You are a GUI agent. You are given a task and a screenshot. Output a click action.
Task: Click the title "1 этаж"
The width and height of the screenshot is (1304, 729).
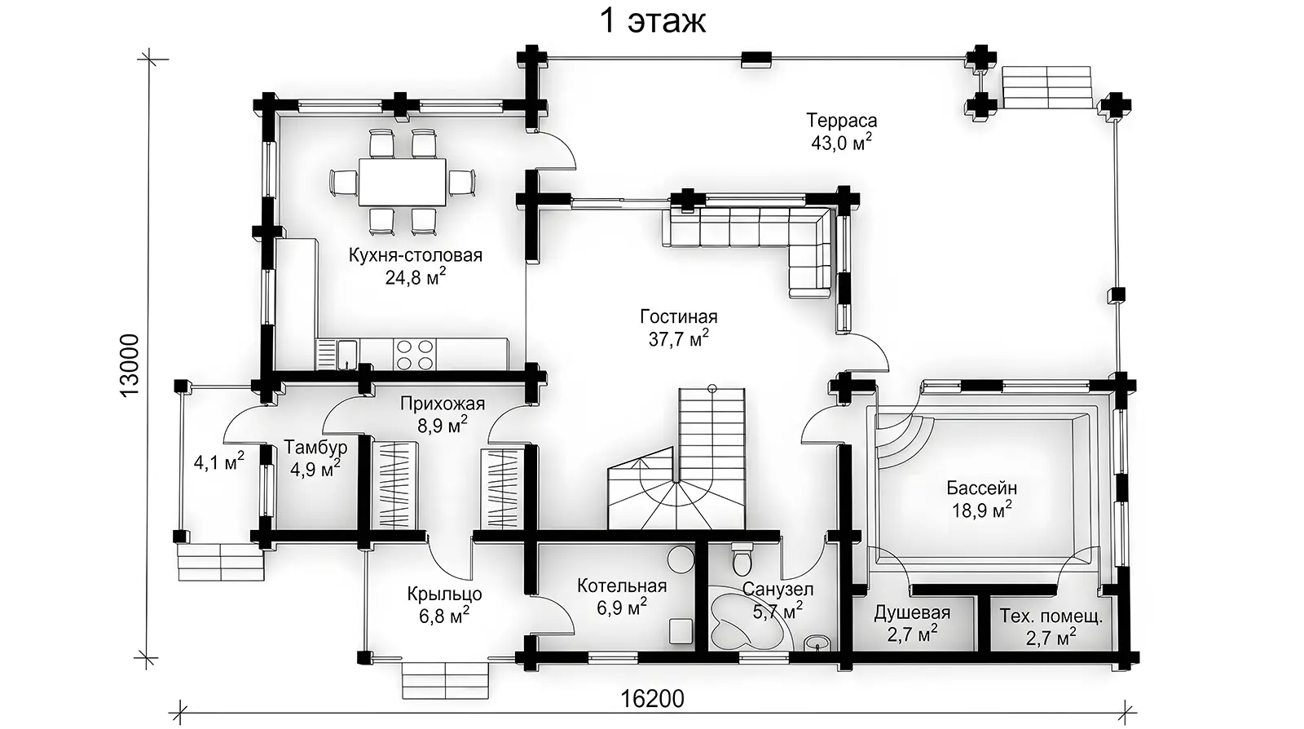(653, 21)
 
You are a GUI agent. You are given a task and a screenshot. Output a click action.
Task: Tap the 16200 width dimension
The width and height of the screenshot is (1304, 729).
(653, 698)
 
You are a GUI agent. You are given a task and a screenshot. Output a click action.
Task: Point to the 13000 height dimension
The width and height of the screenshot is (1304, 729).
(130, 365)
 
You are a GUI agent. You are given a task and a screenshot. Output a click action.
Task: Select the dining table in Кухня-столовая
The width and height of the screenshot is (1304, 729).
(403, 182)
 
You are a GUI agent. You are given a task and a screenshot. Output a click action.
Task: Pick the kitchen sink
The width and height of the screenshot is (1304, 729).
(347, 355)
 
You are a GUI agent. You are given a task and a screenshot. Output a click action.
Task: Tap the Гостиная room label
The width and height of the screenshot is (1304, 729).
(679, 316)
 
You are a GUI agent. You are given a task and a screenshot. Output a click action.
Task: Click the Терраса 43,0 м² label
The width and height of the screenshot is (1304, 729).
(842, 132)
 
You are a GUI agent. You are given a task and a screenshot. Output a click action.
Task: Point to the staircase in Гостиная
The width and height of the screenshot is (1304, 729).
(677, 460)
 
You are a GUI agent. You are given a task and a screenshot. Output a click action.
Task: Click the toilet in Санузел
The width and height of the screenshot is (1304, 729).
(741, 559)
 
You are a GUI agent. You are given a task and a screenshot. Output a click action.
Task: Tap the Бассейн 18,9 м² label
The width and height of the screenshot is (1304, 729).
(981, 499)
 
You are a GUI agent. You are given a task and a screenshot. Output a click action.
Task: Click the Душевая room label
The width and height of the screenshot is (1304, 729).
(912, 612)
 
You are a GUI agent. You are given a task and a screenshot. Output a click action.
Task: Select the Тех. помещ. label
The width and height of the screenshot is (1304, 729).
(1051, 616)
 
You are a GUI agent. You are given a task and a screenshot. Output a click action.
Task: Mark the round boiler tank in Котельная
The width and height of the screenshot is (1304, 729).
(681, 559)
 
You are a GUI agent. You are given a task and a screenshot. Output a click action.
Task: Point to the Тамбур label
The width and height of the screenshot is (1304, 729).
(315, 447)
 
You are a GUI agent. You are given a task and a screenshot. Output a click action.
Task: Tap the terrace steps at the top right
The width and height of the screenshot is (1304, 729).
(1046, 86)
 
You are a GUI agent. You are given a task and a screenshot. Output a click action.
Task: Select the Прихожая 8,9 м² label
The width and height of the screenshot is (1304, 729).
(443, 414)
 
